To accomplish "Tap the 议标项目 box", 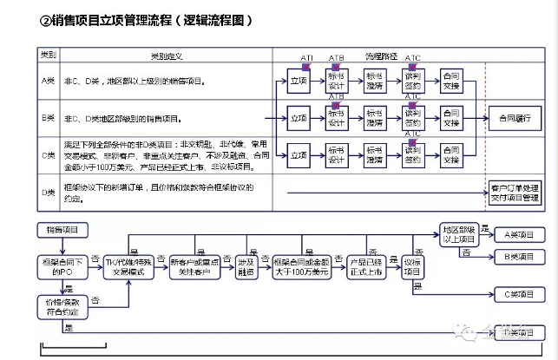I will click(x=412, y=266).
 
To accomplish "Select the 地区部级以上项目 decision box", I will click(x=460, y=234).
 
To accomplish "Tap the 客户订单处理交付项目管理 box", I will click(x=514, y=191).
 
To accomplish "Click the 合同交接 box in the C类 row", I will click(x=450, y=155).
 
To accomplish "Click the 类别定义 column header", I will click(x=167, y=56).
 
